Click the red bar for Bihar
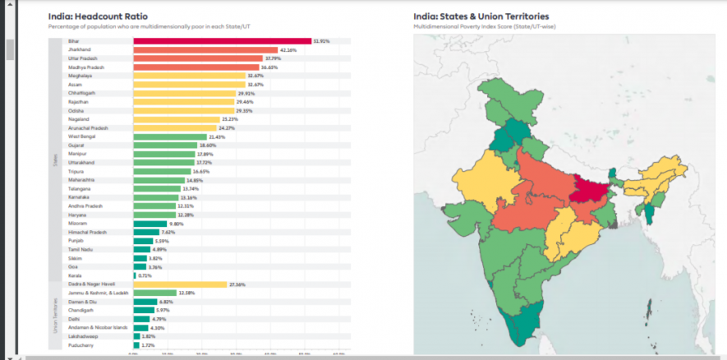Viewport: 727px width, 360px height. pyautogui.click(x=222, y=41)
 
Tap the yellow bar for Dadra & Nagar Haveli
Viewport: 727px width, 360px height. pyautogui.click(x=180, y=284)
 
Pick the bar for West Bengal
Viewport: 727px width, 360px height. pyautogui.click(x=170, y=136)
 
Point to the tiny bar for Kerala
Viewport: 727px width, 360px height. pyautogui.click(x=135, y=275)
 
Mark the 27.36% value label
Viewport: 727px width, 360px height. pyautogui.click(x=237, y=284)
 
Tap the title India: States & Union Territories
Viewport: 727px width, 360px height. pyautogui.click(x=481, y=16)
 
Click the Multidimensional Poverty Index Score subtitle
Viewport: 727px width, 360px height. pyautogui.click(x=472, y=26)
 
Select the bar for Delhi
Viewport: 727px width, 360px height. pyautogui.click(x=141, y=318)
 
